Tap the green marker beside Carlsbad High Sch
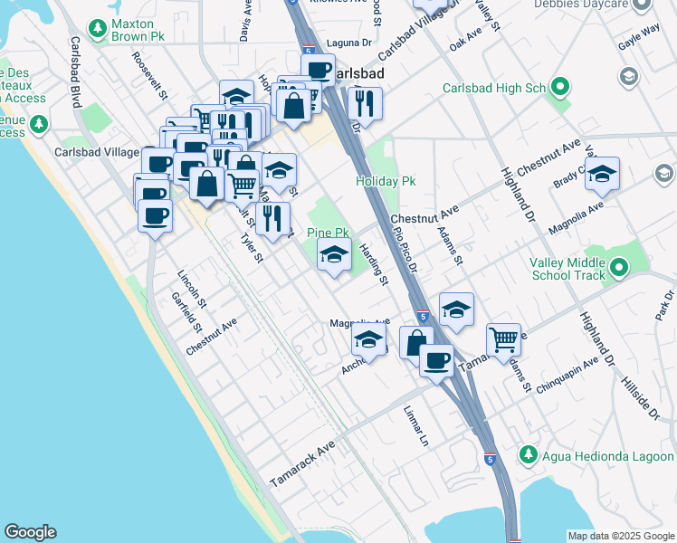560,88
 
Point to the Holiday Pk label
386,181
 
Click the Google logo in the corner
30,532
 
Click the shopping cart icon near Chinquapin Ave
503,339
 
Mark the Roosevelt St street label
150,74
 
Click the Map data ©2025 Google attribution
620,536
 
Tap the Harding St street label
374,265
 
